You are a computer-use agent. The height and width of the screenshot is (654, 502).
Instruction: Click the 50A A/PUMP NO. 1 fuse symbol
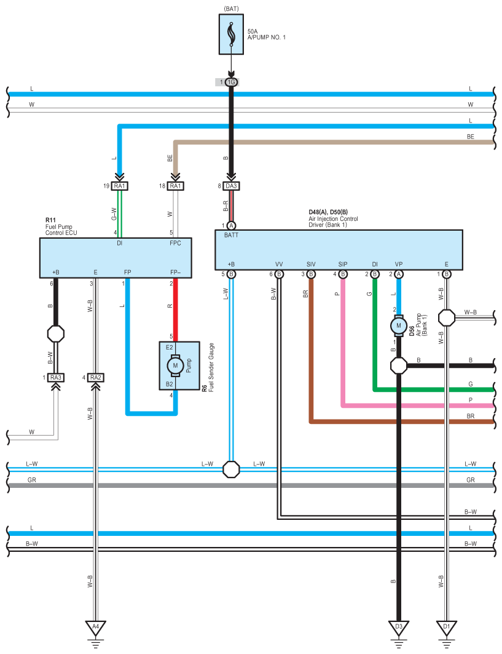(231, 34)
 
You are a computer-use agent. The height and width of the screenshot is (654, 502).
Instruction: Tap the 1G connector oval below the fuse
(231, 82)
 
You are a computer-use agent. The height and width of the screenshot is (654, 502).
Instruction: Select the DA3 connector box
(231, 186)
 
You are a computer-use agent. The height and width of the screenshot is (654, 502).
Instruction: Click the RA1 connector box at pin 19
(120, 186)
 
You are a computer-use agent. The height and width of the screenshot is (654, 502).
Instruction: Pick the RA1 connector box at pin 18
(175, 186)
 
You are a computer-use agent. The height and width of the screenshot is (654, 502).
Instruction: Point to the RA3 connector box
(56, 378)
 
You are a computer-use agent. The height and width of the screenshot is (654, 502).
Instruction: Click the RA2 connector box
(96, 378)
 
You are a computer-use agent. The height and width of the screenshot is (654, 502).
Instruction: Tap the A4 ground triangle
(96, 628)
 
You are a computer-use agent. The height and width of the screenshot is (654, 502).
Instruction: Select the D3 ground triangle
(399, 628)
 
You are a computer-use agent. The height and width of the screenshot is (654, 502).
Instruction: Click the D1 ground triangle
(447, 628)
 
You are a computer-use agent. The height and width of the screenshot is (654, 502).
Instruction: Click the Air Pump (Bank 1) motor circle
(399, 325)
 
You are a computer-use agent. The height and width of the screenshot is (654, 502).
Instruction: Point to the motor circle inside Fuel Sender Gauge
(175, 366)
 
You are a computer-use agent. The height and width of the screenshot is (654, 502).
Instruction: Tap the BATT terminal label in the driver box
(231, 235)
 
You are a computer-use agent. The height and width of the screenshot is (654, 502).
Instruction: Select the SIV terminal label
(311, 265)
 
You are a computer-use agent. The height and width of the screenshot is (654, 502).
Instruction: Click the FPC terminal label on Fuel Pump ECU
(175, 243)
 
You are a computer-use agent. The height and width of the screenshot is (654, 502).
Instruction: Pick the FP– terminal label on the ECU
(175, 273)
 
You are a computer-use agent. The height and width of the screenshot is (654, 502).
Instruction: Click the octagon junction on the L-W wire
(231, 469)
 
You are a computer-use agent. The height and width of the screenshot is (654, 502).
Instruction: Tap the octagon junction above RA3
(56, 333)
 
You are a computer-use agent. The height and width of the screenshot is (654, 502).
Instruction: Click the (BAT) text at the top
(231, 9)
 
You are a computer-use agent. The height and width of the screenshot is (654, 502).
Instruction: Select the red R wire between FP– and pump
(175, 310)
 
